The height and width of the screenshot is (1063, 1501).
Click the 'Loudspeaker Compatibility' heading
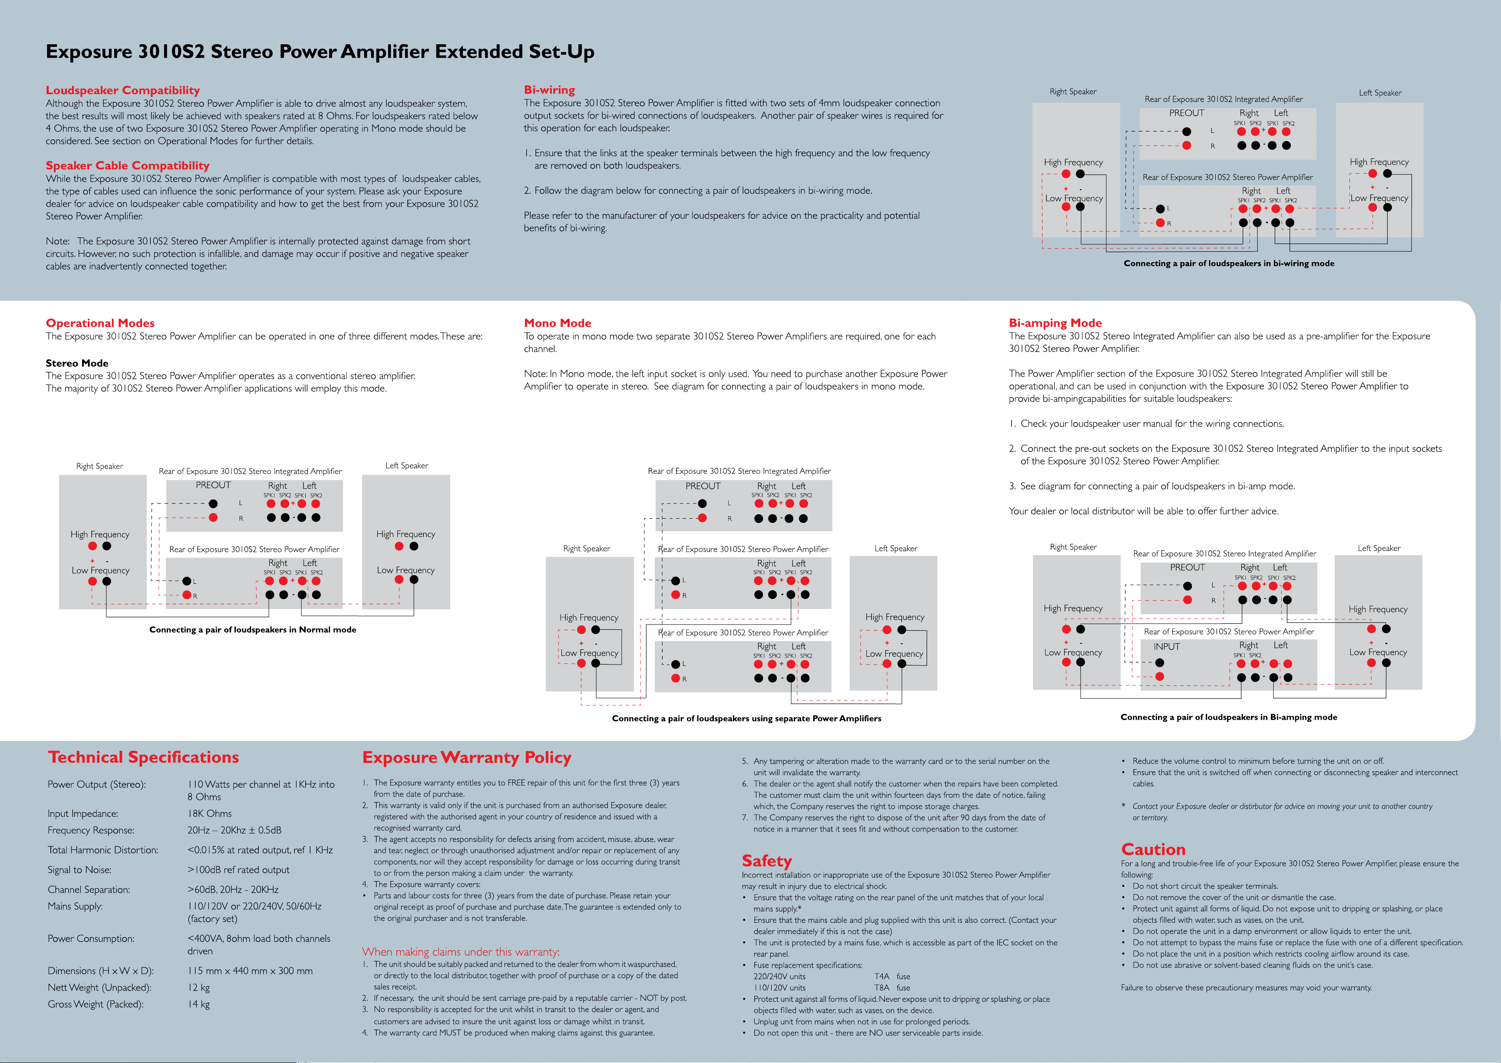122,90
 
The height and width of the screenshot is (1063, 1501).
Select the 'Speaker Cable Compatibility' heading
128,166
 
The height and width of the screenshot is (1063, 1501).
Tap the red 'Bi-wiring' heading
549,90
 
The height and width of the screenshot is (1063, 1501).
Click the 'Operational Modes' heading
100,323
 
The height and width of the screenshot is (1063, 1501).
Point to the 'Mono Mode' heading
557,323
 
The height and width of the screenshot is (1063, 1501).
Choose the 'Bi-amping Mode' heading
1055,323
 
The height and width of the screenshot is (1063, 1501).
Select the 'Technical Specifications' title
143,757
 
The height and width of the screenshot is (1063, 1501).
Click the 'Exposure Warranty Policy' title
467,757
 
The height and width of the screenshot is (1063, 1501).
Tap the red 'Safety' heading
766,861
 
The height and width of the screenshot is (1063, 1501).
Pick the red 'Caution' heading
1153,849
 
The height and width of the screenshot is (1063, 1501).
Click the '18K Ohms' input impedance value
209,813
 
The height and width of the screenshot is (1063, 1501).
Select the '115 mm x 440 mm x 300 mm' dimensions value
250,971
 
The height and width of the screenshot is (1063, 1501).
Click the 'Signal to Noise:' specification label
79,870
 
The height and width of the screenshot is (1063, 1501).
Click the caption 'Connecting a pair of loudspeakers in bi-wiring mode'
1229,263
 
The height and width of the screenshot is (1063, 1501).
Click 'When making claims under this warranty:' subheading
461,952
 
